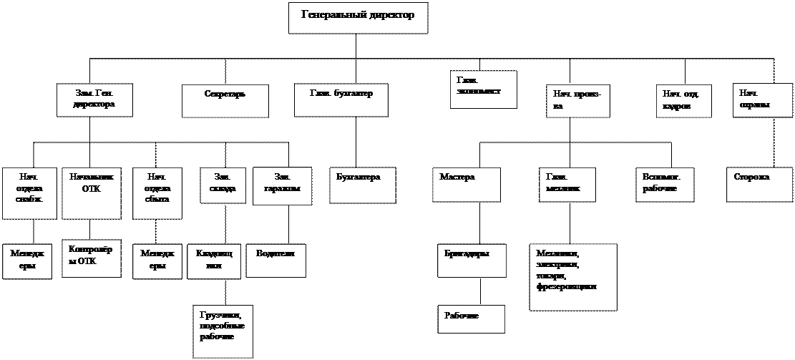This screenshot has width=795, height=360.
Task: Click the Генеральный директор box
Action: coord(358,17)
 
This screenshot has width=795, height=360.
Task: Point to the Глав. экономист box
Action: coord(484,89)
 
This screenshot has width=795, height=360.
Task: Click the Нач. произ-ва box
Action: coord(578,101)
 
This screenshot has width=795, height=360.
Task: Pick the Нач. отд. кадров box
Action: coord(684,101)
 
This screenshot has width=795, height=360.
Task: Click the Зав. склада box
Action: coord(223,185)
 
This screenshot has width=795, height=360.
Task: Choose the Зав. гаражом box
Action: coord(282,185)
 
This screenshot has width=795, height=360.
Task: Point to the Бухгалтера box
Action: coord(363,185)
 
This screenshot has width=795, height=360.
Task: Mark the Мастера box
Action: coord(467,185)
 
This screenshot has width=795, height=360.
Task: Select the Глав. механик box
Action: coord(567,185)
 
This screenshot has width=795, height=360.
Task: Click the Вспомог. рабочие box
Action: coord(665,185)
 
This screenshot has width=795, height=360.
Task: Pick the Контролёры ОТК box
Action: coord(92,258)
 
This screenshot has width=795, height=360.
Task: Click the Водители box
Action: coord(276,261)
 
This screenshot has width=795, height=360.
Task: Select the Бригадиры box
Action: coord(472,261)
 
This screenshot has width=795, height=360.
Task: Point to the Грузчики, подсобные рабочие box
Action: coord(223,331)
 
